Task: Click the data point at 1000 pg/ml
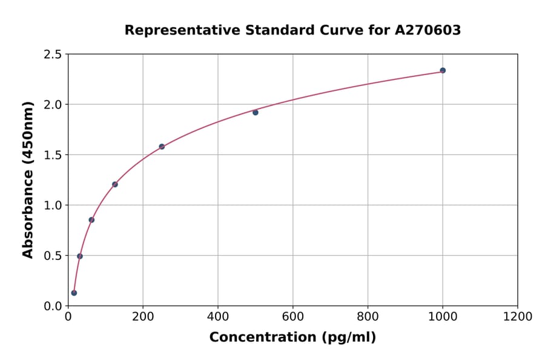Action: click(443, 70)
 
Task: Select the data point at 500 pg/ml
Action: click(256, 112)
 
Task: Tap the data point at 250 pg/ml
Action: click(162, 147)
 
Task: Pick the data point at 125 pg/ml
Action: click(115, 184)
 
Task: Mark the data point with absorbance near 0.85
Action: click(91, 220)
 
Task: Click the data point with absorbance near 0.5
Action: click(80, 256)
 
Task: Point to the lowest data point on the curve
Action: click(74, 293)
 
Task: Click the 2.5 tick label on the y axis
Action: click(53, 55)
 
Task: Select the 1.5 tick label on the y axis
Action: click(53, 155)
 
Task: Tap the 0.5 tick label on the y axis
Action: click(53, 256)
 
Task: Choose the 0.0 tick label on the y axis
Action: click(53, 306)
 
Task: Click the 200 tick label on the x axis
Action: click(143, 316)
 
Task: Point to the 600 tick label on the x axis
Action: click(292, 316)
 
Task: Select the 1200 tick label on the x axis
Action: click(517, 316)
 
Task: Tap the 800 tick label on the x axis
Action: click(368, 316)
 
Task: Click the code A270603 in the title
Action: click(428, 30)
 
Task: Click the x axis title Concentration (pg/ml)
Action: click(292, 338)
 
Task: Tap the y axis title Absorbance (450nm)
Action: click(28, 179)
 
